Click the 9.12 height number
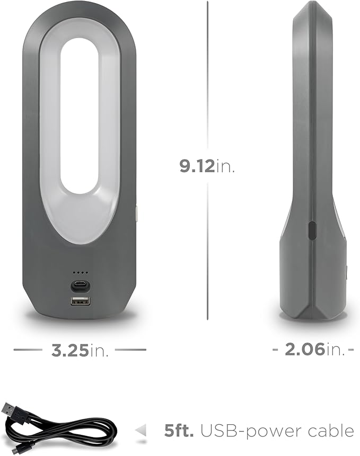point(197,166)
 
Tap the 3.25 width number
point(70,350)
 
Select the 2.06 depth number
point(305,349)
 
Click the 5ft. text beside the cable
point(179,431)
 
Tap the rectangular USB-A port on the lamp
point(80,302)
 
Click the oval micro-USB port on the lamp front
point(80,285)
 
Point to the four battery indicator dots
point(80,273)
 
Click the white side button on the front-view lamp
point(137,213)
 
